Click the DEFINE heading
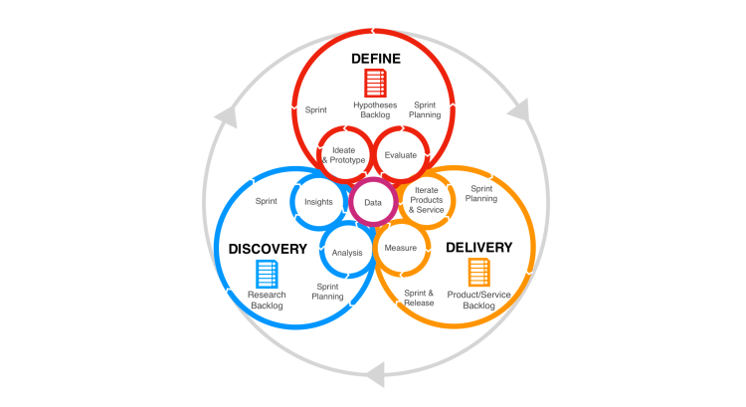coord(375,59)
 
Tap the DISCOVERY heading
coord(268,248)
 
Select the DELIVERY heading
coord(478,247)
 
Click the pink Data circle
coord(372,202)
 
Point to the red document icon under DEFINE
coord(374,83)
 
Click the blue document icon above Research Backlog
coord(267,273)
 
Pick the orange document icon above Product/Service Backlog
coord(478,272)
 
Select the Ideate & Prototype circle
coord(342,155)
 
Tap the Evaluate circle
coord(401,155)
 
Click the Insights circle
coord(318,202)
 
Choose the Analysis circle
coord(347,252)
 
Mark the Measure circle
coord(400,248)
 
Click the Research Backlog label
coord(267,300)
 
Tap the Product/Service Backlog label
coord(478,300)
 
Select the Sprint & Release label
coord(419,298)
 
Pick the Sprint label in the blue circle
coord(266,201)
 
